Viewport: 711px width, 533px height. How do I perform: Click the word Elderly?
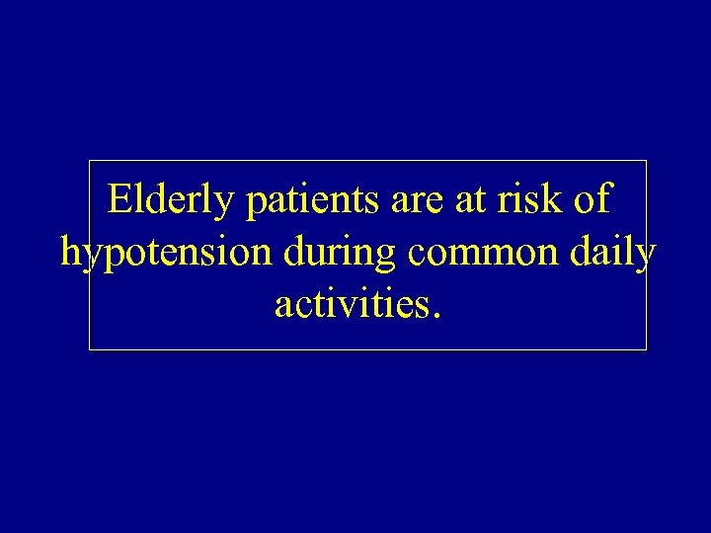[x=169, y=201]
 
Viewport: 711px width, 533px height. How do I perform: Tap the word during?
[x=337, y=255]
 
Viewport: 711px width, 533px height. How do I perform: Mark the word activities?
[x=349, y=305]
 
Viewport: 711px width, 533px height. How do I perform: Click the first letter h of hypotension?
[x=70, y=253]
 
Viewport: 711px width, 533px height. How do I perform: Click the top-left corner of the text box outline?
[x=90, y=161]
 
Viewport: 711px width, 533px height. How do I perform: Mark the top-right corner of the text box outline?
[x=647, y=161]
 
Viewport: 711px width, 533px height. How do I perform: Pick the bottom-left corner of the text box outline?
[x=90, y=349]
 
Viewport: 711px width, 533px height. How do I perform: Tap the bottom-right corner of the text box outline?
[x=647, y=349]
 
